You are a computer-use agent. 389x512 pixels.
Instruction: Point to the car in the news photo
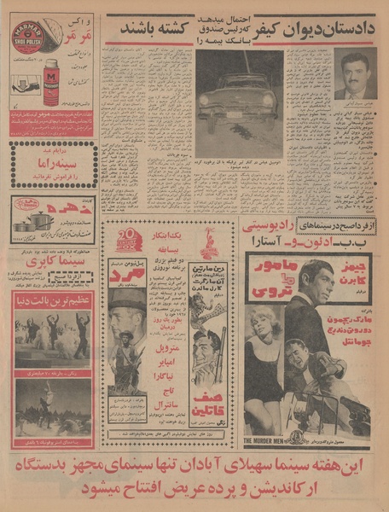coord(239,102)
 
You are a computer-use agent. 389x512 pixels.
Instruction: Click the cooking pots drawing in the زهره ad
coord(35,223)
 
